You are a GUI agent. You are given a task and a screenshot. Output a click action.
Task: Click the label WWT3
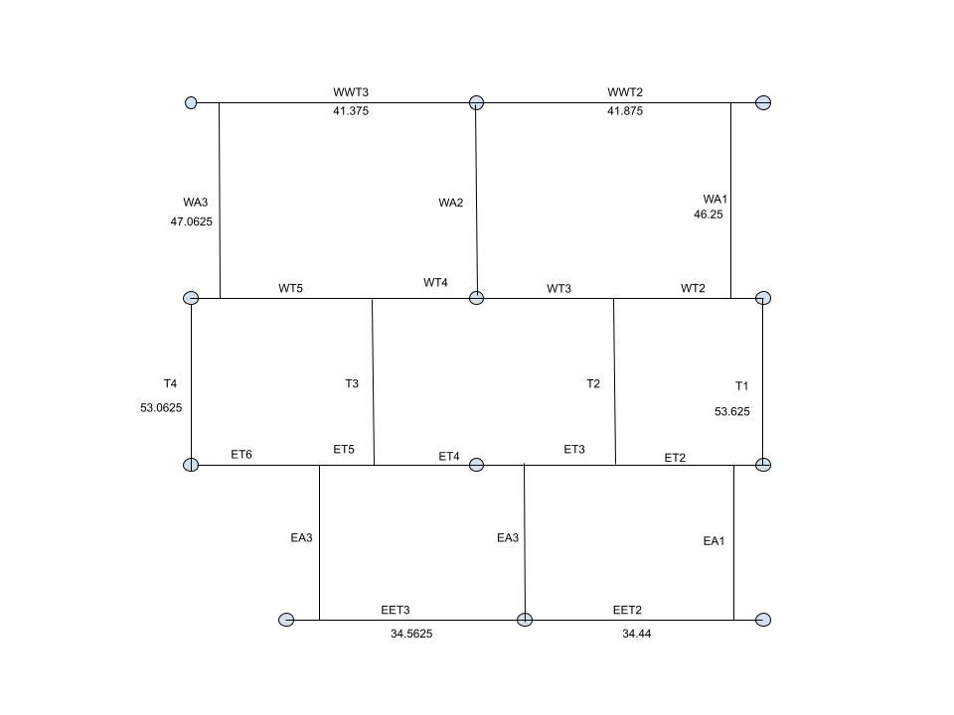pyautogui.click(x=351, y=92)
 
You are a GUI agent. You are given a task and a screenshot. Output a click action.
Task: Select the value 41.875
pyautogui.click(x=625, y=111)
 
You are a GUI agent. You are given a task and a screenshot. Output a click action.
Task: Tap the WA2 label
pyautogui.click(x=451, y=203)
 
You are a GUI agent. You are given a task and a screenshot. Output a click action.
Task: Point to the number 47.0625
pyautogui.click(x=191, y=221)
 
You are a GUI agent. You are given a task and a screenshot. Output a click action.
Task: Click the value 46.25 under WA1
pyautogui.click(x=709, y=214)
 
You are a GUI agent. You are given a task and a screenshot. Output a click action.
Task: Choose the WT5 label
pyautogui.click(x=291, y=288)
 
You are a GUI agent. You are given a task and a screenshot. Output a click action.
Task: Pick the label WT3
pyautogui.click(x=559, y=289)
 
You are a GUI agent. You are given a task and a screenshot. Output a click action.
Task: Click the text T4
pyautogui.click(x=170, y=383)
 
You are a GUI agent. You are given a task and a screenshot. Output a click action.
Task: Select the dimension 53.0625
pyautogui.click(x=161, y=408)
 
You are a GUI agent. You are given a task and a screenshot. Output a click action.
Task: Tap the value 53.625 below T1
pyautogui.click(x=732, y=411)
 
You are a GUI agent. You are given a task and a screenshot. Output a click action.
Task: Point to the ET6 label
pyautogui.click(x=241, y=455)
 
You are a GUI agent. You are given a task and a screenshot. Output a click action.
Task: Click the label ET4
pyautogui.click(x=449, y=457)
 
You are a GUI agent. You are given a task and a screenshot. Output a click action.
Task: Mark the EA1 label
pyautogui.click(x=714, y=541)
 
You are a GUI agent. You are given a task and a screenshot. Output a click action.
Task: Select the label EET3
pyautogui.click(x=396, y=610)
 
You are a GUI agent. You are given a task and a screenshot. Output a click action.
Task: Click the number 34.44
pyautogui.click(x=636, y=634)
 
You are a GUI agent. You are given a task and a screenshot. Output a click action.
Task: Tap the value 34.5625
pyautogui.click(x=411, y=634)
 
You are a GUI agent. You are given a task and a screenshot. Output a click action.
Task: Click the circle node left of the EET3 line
pyautogui.click(x=286, y=620)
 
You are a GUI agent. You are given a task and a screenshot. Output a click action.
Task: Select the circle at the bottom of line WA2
pyautogui.click(x=476, y=298)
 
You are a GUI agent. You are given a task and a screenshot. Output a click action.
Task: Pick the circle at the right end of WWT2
pyautogui.click(x=763, y=102)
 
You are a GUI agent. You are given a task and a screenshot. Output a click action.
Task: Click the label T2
pyautogui.click(x=593, y=383)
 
